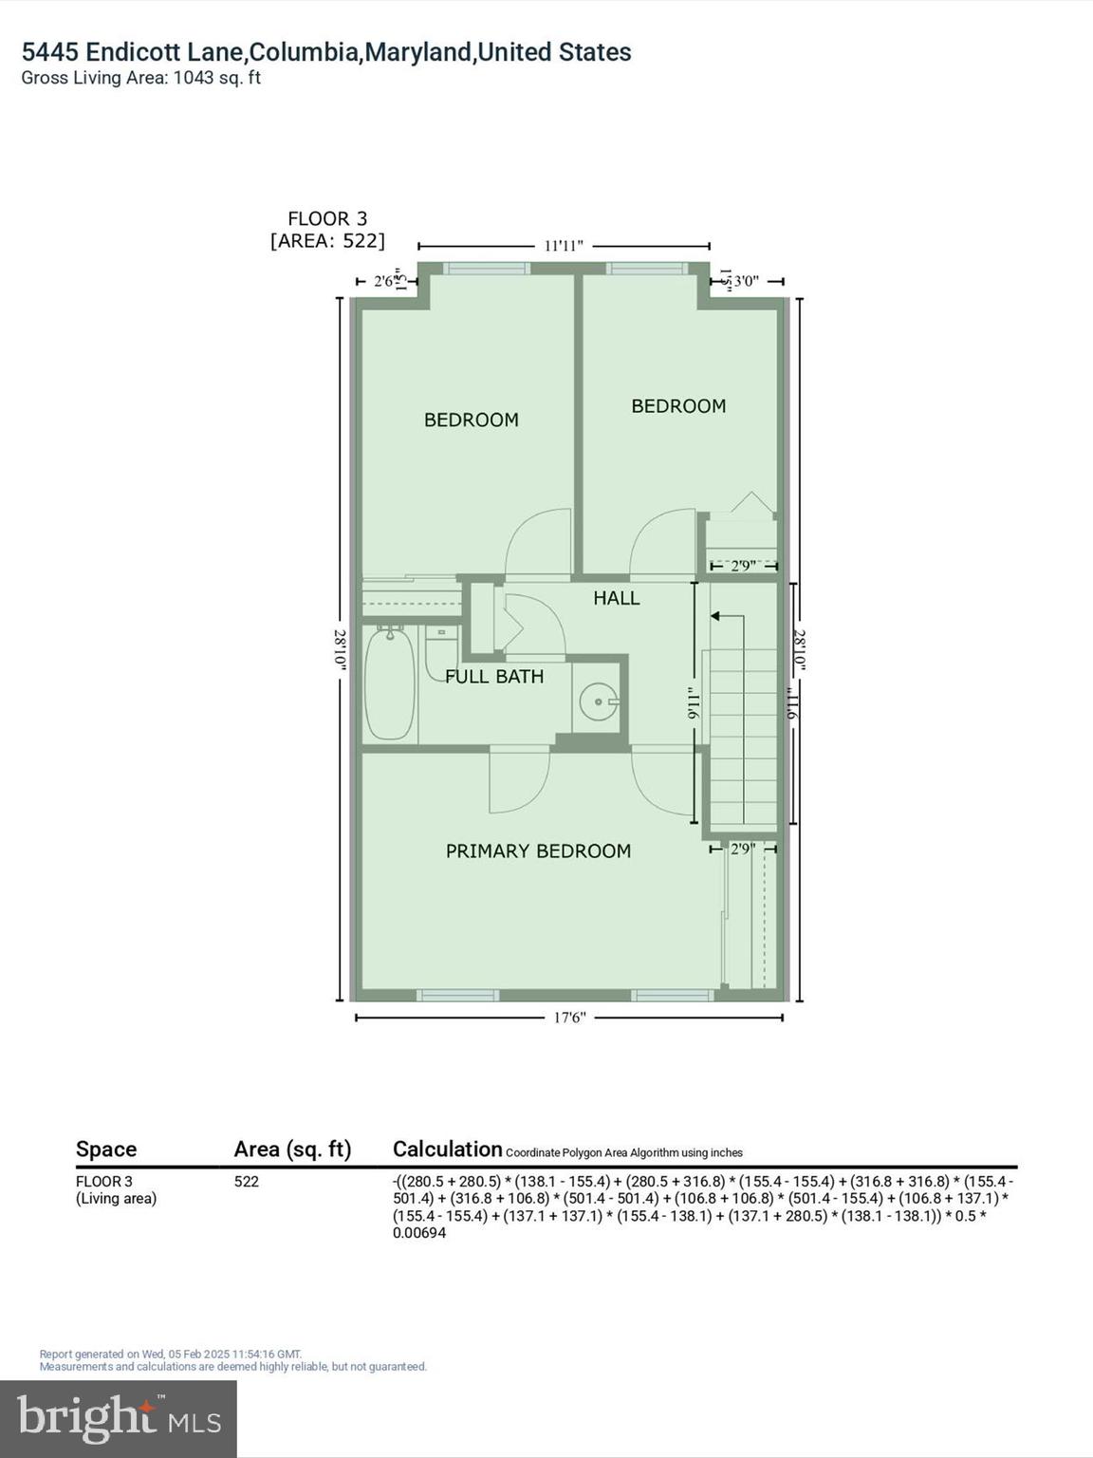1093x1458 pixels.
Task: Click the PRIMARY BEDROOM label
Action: pos(538,851)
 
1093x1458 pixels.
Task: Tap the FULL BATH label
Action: pos(494,677)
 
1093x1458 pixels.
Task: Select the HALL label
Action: pos(617,598)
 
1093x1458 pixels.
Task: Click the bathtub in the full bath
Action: pos(390,683)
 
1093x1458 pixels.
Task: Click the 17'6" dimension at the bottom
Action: pos(569,1018)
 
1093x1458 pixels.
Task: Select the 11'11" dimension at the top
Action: pos(564,246)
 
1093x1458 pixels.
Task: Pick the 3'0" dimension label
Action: pos(747,281)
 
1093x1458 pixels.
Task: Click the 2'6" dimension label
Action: pos(385,281)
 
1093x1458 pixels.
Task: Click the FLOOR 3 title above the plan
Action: pos(327,219)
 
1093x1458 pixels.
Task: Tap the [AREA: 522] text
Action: pos(327,241)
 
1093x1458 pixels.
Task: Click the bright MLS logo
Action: pos(118,1418)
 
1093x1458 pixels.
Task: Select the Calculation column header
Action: pos(447,1150)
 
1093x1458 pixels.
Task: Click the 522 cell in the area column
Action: pos(247,1182)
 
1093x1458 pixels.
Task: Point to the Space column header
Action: pos(106,1150)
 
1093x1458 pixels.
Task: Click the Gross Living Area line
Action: pos(140,78)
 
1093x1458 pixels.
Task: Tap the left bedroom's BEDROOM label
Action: pos(471,420)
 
